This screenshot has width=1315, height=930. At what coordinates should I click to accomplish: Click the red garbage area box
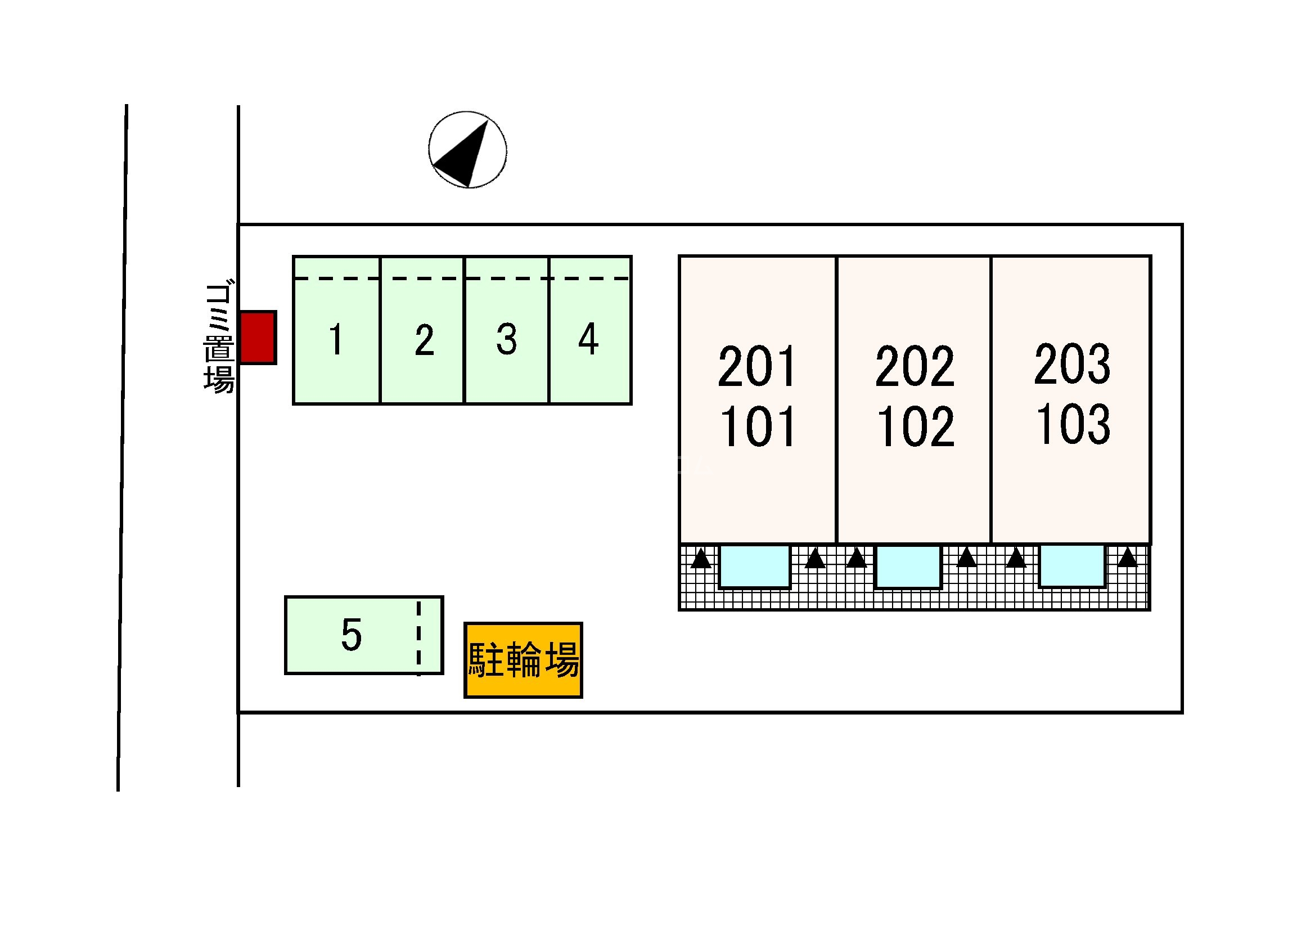tap(258, 338)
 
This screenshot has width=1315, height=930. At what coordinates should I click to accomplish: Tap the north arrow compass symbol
tap(468, 150)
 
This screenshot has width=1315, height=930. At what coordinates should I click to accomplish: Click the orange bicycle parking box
tap(523, 660)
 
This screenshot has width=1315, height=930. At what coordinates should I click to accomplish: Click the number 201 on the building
tap(757, 367)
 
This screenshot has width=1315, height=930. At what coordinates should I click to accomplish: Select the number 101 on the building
tap(757, 427)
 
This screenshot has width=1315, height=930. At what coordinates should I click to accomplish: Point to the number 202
tap(915, 367)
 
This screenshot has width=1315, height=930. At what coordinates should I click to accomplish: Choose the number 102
tap(915, 427)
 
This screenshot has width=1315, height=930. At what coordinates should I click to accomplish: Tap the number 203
tap(1072, 365)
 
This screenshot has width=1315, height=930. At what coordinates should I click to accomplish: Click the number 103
tap(1073, 425)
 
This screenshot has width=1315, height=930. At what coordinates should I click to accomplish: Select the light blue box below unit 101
tap(754, 567)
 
